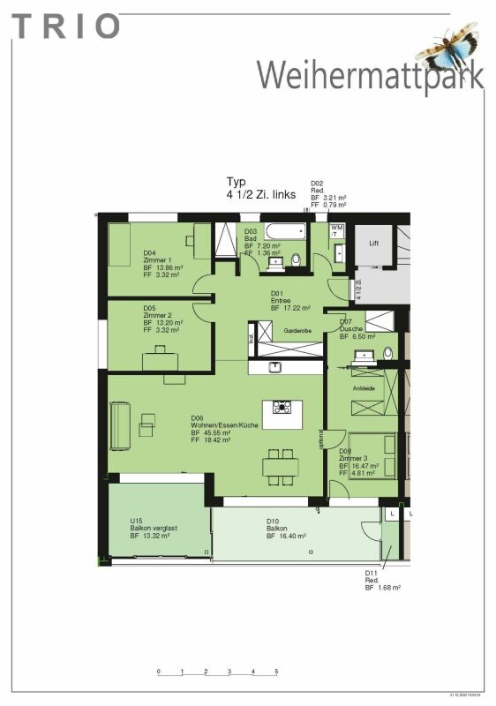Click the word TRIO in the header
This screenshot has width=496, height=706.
[x=67, y=26]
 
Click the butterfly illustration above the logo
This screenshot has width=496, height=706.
[x=447, y=46]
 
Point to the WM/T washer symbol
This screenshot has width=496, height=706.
[x=336, y=229]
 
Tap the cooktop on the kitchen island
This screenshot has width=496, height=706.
[x=282, y=407]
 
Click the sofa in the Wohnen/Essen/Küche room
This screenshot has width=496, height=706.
[x=120, y=426]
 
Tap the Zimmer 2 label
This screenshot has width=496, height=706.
[x=157, y=316]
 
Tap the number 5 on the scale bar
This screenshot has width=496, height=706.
[x=276, y=672]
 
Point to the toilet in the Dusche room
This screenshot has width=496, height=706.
[x=387, y=353]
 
